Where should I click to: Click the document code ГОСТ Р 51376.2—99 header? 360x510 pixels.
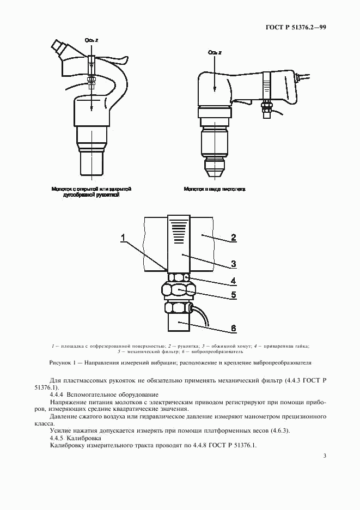(x=297, y=27)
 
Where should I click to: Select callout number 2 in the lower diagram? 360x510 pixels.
(x=233, y=237)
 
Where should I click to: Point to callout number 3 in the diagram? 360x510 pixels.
(x=233, y=264)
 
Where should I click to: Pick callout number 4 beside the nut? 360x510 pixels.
(x=233, y=282)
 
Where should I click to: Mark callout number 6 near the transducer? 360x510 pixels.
(x=233, y=328)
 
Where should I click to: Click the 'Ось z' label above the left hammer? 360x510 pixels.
(x=91, y=41)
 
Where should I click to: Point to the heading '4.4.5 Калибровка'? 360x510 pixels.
(x=75, y=438)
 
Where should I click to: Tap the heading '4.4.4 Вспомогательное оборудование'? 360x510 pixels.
(x=104, y=394)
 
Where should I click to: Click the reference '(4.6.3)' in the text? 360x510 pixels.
(x=278, y=430)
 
